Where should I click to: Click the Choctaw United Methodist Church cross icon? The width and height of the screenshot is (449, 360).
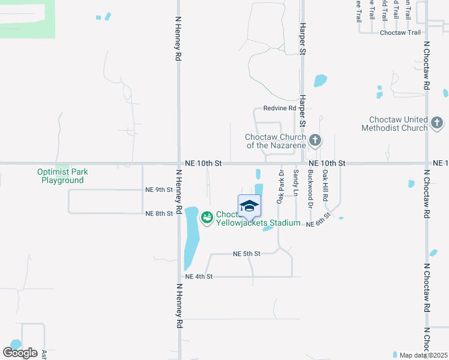[x=437, y=124]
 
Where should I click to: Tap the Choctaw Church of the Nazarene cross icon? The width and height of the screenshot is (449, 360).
[x=315, y=142]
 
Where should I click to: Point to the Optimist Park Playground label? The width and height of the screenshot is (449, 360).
[x=62, y=176]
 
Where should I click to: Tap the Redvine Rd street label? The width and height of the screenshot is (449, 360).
[x=280, y=109]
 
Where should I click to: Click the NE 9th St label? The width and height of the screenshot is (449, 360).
[x=159, y=190]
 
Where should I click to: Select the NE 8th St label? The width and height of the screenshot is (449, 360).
[x=159, y=213]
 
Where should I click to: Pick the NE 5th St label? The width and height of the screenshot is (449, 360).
[x=247, y=254]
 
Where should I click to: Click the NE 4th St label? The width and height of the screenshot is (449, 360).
[x=199, y=277]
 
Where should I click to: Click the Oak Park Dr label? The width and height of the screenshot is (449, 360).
[x=280, y=187]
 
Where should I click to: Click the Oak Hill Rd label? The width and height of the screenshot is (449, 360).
[x=325, y=184]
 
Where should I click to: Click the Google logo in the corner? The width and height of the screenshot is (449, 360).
[x=20, y=353]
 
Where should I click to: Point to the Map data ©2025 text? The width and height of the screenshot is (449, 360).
[x=423, y=355]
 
